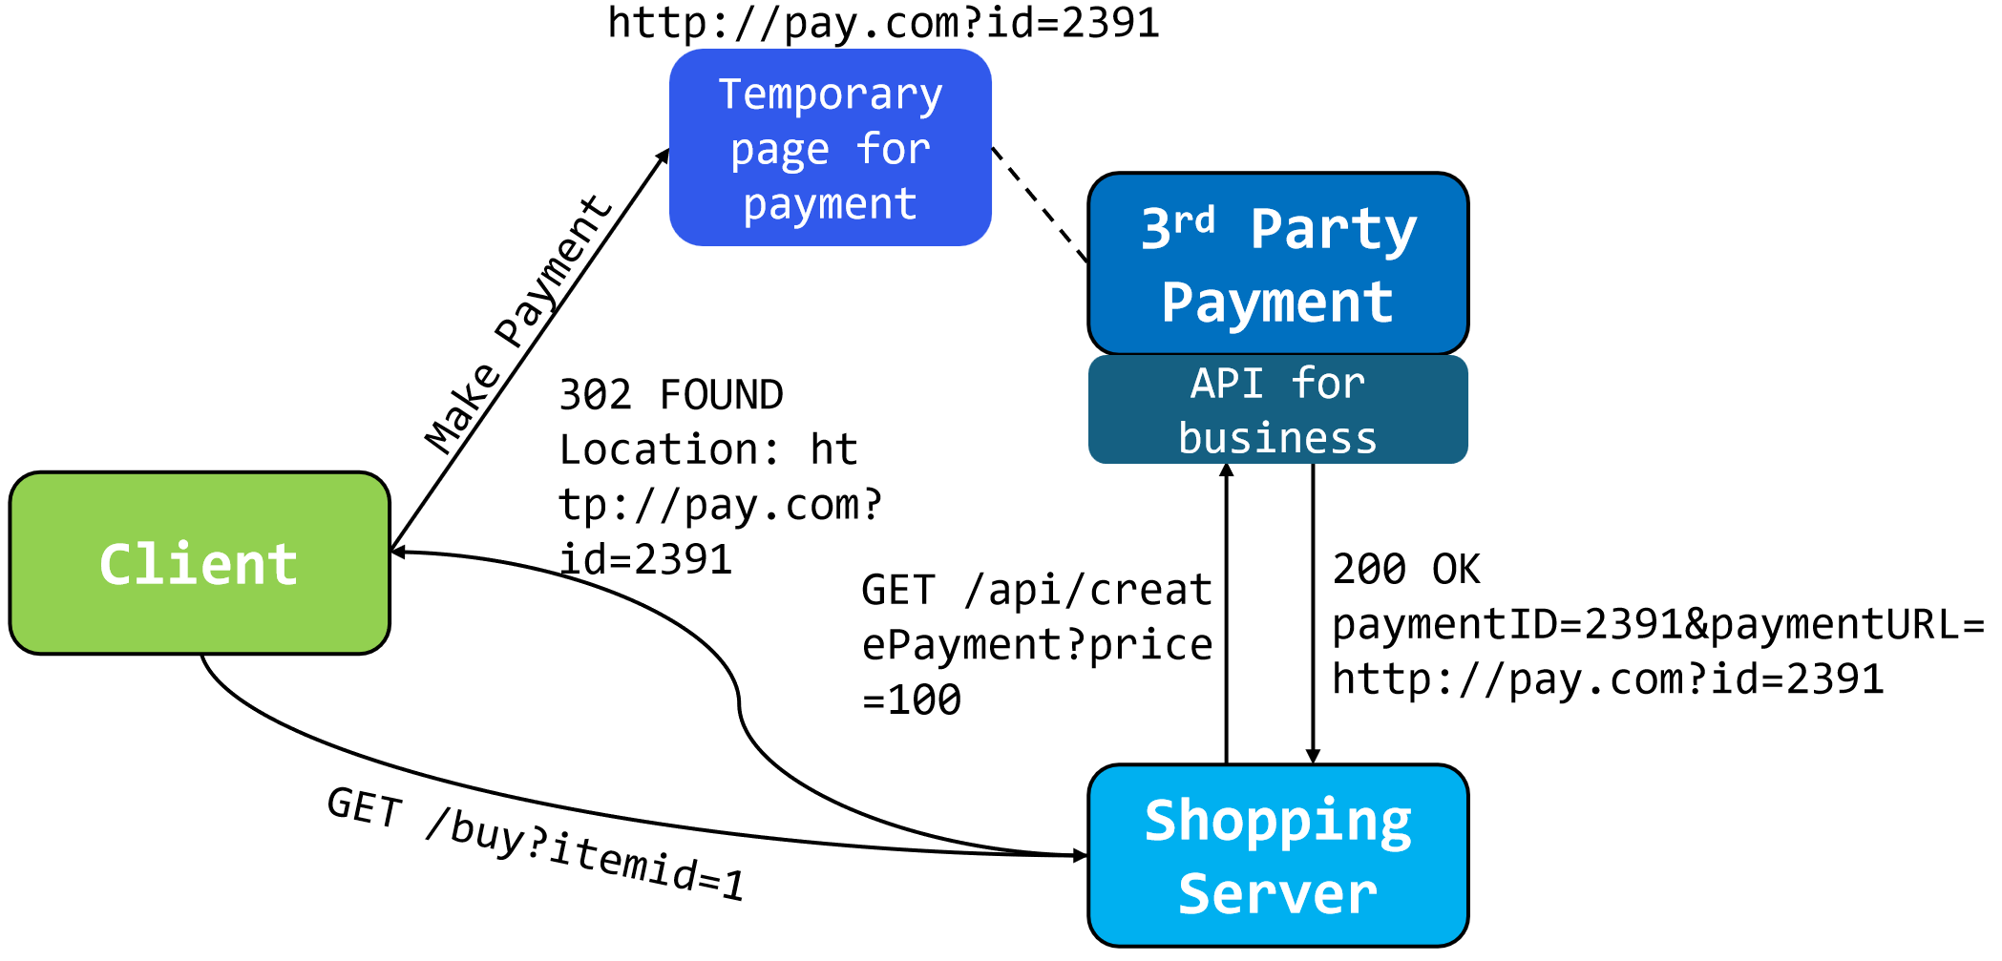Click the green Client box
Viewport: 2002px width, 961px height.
pyautogui.click(x=200, y=563)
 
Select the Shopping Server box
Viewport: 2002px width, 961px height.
pyautogui.click(x=1277, y=855)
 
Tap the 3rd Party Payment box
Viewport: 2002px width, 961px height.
pyautogui.click(x=1277, y=263)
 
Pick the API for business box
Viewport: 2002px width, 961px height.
pyautogui.click(x=1277, y=410)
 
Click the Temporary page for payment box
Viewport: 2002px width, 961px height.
pyautogui.click(x=830, y=148)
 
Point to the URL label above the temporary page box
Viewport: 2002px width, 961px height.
pyautogui.click(x=883, y=23)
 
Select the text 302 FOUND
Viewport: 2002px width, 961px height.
pyautogui.click(x=671, y=395)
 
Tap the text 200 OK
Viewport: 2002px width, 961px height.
pyautogui.click(x=1406, y=570)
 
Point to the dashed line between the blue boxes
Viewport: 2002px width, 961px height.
pyautogui.click(x=1039, y=203)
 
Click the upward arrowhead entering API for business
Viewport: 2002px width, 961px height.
pyautogui.click(x=1227, y=470)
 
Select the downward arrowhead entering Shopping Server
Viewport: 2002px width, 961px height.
pyautogui.click(x=1313, y=756)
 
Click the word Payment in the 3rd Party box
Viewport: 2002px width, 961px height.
pyautogui.click(x=1277, y=303)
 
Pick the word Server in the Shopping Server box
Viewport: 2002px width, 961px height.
pyautogui.click(x=1277, y=894)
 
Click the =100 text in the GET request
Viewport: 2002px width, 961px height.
pyautogui.click(x=912, y=700)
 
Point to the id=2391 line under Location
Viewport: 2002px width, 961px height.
pyautogui.click(x=645, y=560)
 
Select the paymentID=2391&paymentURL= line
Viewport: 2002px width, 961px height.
pyautogui.click(x=1657, y=625)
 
